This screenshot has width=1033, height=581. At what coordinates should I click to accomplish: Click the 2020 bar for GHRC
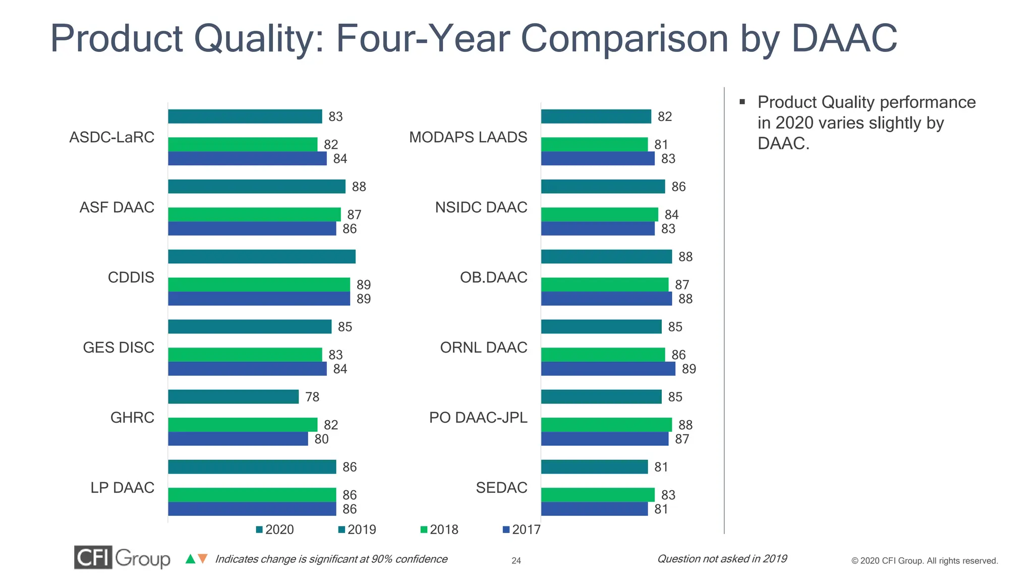coord(233,396)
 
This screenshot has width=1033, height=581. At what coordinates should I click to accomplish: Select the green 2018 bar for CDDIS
coord(259,284)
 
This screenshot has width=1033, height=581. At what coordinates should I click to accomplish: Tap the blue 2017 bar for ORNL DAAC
coord(608,369)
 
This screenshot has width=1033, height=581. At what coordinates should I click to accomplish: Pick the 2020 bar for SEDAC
coord(594,467)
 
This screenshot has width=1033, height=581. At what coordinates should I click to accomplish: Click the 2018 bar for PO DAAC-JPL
coord(606,425)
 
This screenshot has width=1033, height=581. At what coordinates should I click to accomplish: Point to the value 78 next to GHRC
coord(312,397)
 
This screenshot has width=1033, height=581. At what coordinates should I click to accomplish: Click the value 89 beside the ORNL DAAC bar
coord(688,369)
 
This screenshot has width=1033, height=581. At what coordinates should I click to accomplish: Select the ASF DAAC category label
coord(117,207)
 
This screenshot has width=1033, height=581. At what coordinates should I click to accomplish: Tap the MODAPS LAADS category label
coord(468,137)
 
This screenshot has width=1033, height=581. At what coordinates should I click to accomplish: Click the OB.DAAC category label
coord(493,277)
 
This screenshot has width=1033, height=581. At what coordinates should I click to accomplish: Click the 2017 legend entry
coord(521,530)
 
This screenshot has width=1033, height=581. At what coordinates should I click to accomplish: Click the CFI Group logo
coord(122,558)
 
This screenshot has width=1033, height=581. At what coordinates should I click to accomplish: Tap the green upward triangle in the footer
coord(190,559)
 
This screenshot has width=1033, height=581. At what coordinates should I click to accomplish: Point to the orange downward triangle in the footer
coord(202,559)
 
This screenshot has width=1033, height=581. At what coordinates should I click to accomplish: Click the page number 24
coord(516,560)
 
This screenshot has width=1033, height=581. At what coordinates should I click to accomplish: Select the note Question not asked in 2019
coord(722,559)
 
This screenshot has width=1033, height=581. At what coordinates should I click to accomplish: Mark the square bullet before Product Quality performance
coord(742,102)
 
